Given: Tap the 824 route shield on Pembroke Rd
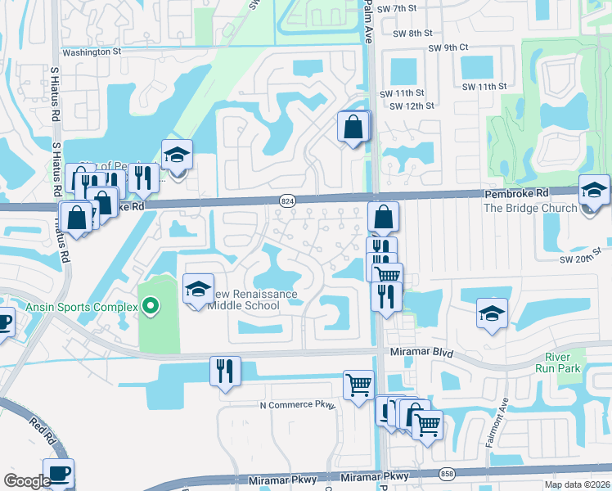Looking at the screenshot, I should [287, 200].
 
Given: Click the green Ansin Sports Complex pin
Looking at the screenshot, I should [149, 307].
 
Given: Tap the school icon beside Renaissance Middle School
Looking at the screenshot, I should [198, 289].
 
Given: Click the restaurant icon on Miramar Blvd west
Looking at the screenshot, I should [224, 370].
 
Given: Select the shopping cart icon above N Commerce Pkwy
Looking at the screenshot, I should [358, 384].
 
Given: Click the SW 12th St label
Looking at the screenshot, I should [412, 106].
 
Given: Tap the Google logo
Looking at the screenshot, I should [27, 481].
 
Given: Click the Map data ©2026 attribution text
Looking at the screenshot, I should [577, 484].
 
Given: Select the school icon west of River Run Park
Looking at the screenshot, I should [492, 313].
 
